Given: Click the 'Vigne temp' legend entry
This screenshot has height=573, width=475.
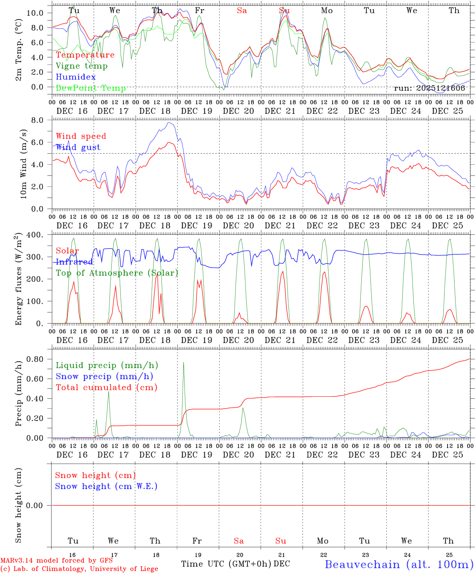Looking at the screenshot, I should coord(82,66).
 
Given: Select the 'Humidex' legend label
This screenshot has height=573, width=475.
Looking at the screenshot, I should coord(76,77).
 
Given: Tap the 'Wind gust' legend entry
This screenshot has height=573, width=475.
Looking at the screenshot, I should coord(78,147).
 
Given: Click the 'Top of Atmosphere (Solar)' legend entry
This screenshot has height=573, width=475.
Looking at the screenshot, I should coord(117,273).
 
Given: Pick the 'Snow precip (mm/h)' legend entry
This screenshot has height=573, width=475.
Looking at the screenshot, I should coord(104,376).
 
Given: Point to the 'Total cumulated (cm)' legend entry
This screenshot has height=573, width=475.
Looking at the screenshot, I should coord(106,388).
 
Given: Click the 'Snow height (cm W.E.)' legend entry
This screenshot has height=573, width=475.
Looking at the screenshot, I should coord(106,486).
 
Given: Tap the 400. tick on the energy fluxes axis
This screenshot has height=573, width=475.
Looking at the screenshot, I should coord(35,235).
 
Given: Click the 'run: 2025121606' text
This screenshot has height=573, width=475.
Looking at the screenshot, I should coord(429,88).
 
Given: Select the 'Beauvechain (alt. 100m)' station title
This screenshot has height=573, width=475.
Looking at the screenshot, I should coord(399,564).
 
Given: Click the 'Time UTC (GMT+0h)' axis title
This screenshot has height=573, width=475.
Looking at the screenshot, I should coord(226,564).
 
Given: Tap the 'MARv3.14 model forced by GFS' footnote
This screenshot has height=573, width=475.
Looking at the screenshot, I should coord(56,561).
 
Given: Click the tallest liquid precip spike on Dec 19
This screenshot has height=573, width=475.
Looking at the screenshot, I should coord(183,363).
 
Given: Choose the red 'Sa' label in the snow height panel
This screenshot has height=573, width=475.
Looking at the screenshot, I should coord(239,541).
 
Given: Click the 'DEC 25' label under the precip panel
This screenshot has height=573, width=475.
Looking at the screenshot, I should coord(448,454).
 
